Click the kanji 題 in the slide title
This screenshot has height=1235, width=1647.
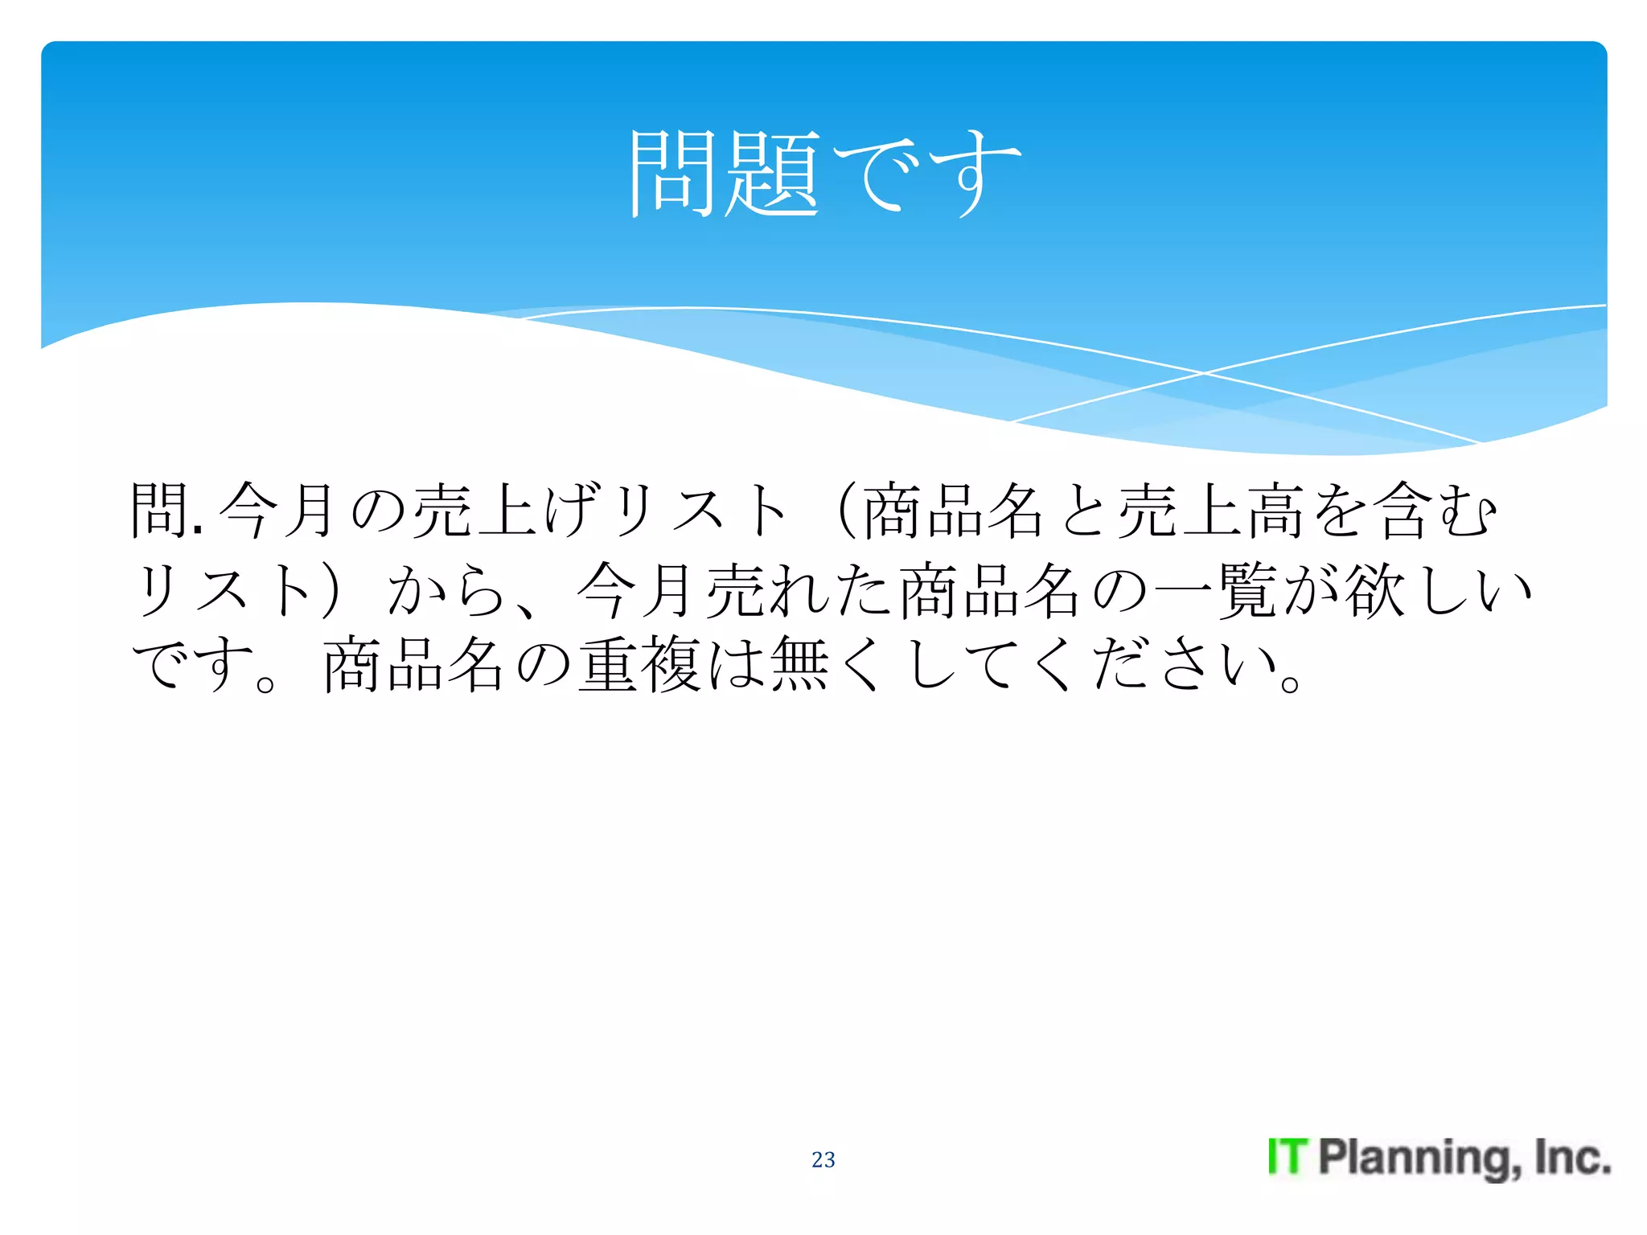click(773, 173)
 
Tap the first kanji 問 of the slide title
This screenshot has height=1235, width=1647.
click(672, 173)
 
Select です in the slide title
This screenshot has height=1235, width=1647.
click(926, 173)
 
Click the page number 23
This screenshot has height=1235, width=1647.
click(823, 1159)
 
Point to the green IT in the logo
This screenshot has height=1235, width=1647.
click(1288, 1157)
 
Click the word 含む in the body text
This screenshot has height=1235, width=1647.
click(1435, 511)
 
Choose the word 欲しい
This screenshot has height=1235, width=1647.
click(1440, 591)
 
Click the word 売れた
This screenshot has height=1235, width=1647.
click(799, 591)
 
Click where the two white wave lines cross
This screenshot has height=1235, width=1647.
click(1204, 373)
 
